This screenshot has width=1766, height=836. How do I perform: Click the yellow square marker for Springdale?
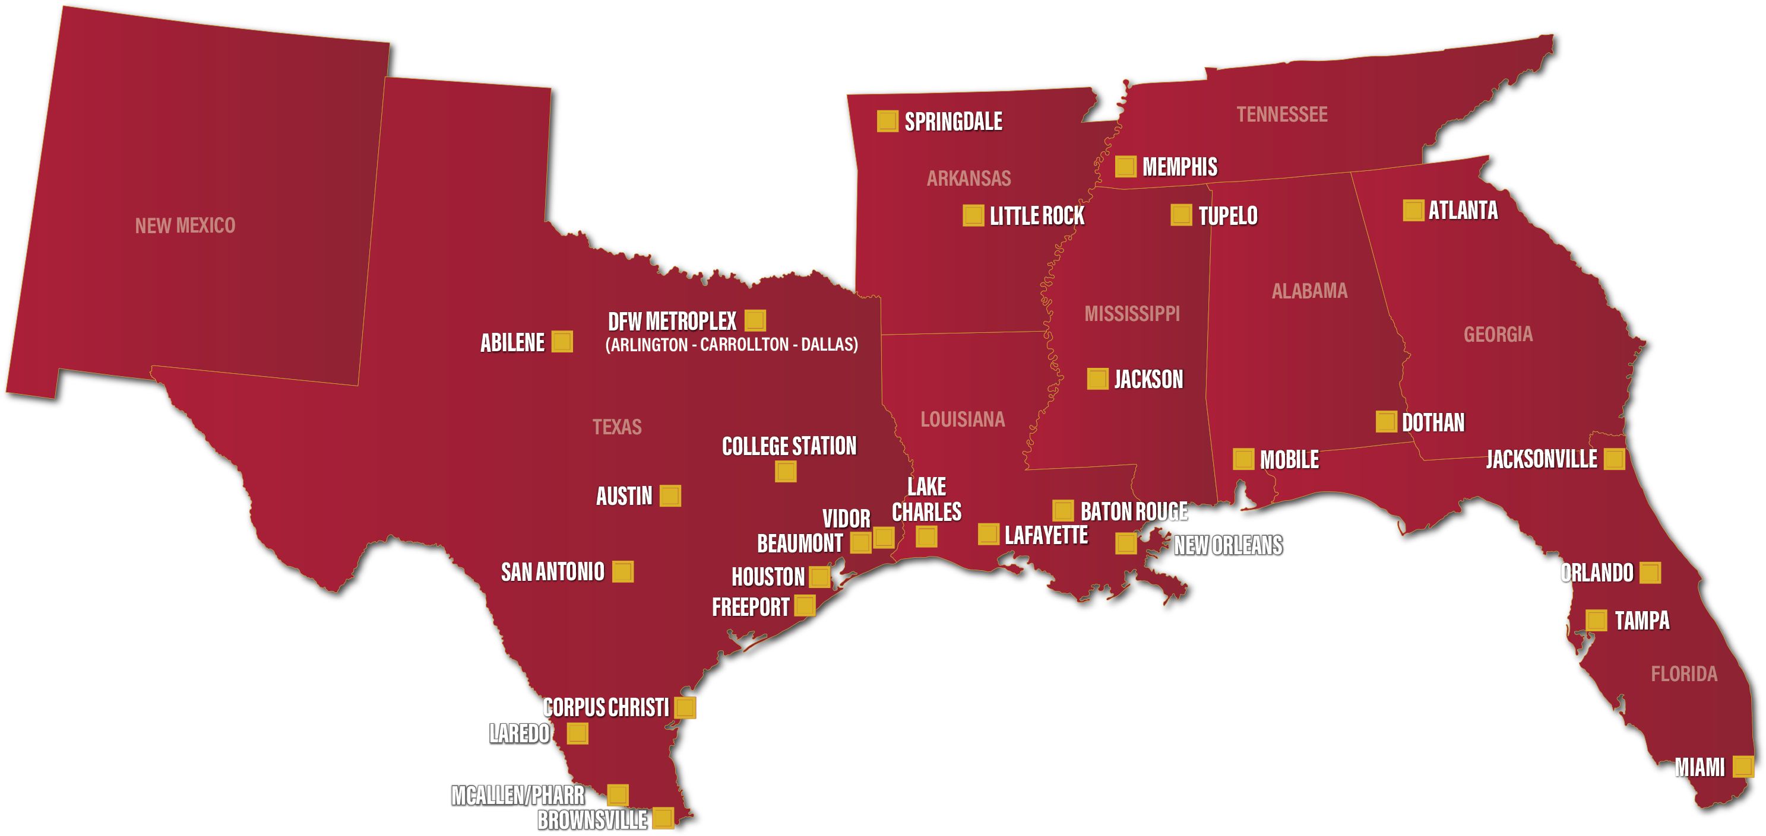[887, 121]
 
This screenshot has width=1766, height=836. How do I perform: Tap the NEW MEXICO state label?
[185, 225]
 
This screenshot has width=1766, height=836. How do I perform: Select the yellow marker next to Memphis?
[1125, 167]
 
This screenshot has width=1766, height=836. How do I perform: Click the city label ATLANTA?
[1463, 211]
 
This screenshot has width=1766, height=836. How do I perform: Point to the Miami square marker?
[1743, 766]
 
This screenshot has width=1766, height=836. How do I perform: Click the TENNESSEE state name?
[1281, 115]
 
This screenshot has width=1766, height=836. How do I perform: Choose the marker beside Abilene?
[562, 341]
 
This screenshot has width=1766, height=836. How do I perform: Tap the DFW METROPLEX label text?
[672, 322]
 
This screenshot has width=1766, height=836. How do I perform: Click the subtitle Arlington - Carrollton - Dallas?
[732, 345]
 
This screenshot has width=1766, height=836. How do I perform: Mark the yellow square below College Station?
[786, 472]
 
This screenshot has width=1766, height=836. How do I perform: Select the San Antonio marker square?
[622, 571]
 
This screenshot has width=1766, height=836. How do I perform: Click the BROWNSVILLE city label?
[591, 819]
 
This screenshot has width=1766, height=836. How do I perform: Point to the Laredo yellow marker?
[577, 733]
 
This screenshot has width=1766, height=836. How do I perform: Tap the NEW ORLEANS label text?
[1227, 545]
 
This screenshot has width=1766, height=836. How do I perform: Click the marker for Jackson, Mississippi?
[1097, 379]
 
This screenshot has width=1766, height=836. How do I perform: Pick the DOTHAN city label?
[1433, 422]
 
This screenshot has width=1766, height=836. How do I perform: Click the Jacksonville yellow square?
[1614, 459]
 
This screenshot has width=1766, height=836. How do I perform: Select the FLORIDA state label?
[1683, 674]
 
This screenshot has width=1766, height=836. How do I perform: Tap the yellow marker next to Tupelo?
[1181, 214]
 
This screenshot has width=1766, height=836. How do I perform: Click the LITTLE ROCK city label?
[1037, 217]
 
